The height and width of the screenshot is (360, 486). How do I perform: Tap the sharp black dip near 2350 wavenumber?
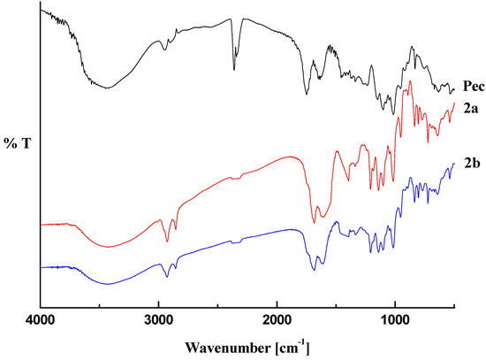tap(234, 69)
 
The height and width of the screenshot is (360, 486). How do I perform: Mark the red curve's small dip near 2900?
tap(167, 241)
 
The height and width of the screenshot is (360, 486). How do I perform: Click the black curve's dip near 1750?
tap(307, 93)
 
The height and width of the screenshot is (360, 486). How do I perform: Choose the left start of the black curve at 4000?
tap(41, 11)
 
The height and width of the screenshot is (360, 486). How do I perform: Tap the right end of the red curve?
tap(454, 103)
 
